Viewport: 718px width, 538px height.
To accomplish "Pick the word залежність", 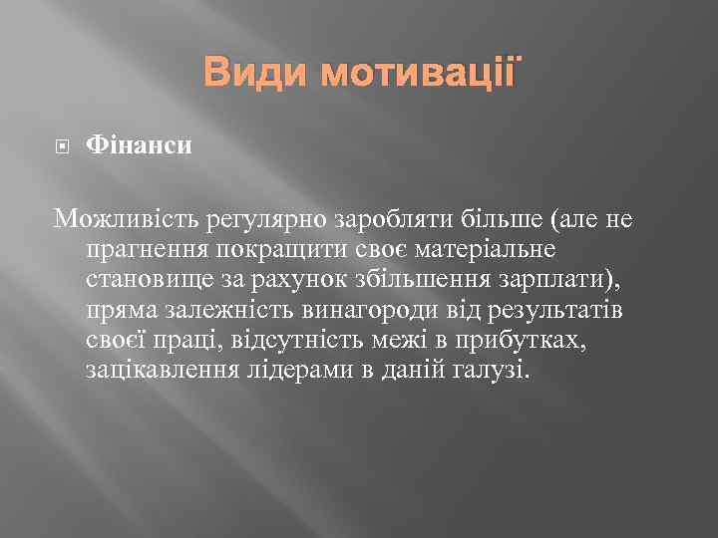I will (224, 312).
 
